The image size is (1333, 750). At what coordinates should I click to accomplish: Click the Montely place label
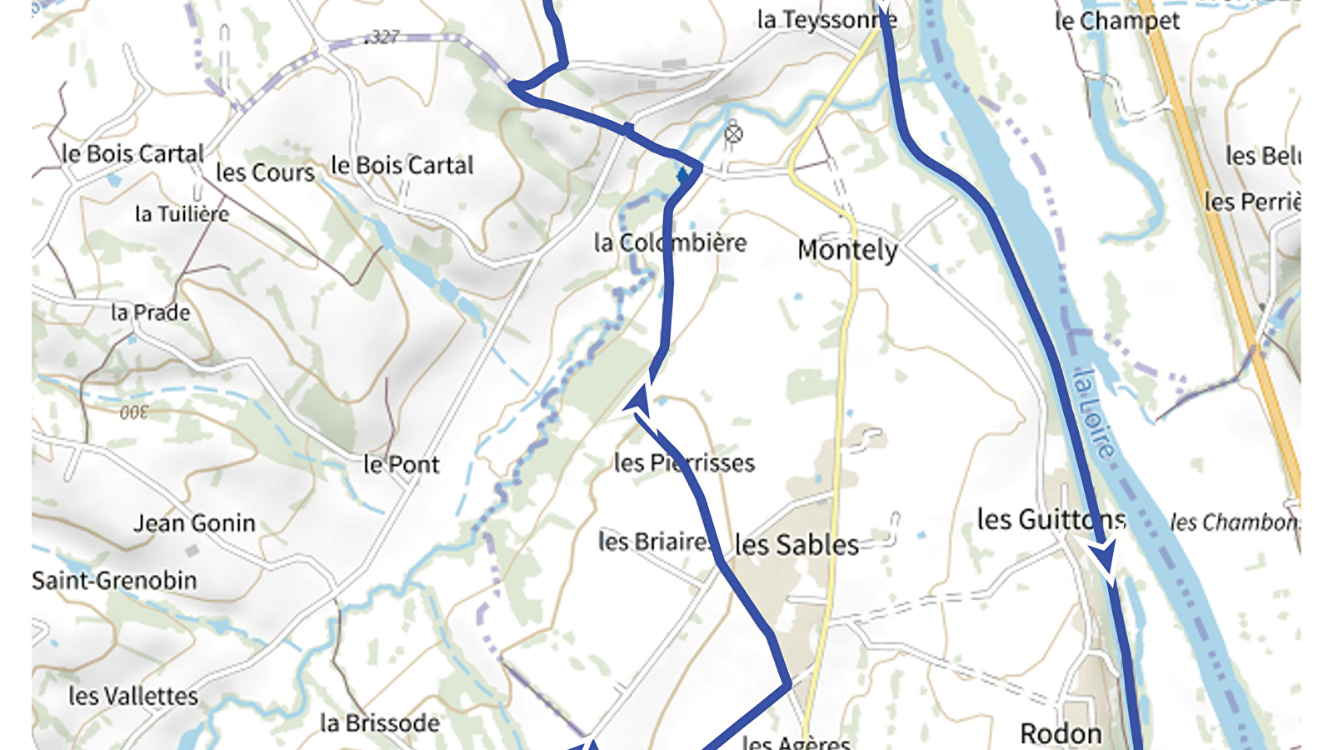[847, 250]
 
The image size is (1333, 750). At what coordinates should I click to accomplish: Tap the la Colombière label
[670, 243]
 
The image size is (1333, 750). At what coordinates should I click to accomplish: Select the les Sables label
[796, 545]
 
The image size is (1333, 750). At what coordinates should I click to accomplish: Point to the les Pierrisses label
[684, 462]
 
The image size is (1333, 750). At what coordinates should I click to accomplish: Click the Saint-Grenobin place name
[114, 581]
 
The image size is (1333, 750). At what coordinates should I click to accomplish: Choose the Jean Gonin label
[195, 523]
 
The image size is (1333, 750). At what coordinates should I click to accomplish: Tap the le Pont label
[401, 464]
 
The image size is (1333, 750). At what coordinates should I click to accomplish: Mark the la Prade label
[151, 312]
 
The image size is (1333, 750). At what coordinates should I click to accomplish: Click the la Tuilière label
[182, 214]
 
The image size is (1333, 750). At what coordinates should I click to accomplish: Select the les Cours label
[265, 172]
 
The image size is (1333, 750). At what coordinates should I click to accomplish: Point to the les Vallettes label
[133, 696]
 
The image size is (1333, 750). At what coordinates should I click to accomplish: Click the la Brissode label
[379, 722]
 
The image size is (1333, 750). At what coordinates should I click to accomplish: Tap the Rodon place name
[1061, 734]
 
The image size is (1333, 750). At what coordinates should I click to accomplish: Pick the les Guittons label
[1051, 520]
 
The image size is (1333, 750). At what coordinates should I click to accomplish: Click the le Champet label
[1117, 21]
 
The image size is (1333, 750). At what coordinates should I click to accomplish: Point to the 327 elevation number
[383, 37]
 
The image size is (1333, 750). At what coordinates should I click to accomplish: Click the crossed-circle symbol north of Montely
[733, 133]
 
